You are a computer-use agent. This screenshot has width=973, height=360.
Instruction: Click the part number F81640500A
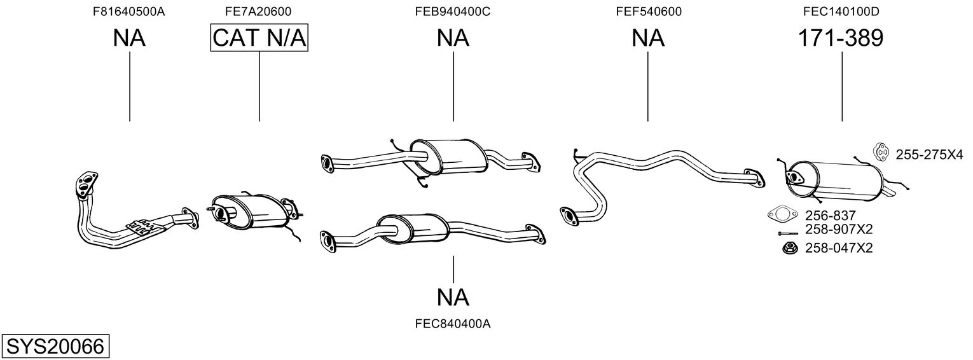(129, 11)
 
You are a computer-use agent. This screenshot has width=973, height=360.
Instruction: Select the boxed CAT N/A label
(259, 38)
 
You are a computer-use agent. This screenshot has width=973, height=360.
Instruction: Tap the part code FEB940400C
(453, 11)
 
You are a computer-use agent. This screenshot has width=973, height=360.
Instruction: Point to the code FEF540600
(649, 11)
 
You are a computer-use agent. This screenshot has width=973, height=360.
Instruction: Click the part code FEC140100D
(841, 11)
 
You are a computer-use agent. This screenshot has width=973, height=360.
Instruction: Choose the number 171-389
(841, 38)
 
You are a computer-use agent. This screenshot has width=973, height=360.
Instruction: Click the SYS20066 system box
(55, 346)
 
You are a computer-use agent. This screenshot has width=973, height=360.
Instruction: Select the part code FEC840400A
(453, 324)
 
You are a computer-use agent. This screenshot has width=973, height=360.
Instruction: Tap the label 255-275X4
(929, 155)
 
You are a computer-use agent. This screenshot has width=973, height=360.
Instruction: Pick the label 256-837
(830, 216)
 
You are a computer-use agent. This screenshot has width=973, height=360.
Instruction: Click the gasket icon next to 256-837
(783, 214)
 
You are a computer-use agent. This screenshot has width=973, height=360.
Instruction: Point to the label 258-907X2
(839, 229)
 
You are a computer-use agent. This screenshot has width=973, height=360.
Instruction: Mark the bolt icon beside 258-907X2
(787, 233)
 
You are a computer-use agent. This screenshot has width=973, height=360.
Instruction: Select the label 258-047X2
(839, 248)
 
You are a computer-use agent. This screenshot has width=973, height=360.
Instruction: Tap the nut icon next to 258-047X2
(789, 249)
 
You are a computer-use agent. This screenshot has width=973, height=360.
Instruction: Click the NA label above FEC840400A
(453, 298)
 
